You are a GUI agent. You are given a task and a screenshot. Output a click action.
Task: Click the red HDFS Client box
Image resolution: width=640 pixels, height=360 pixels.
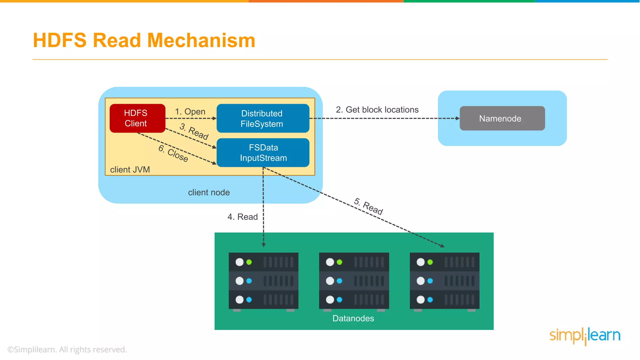tap(137, 118)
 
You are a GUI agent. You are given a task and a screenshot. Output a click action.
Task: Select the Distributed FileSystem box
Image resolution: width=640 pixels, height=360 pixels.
tap(262, 118)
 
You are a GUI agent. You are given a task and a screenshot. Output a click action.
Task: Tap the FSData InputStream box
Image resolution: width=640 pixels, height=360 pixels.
tap(263, 152)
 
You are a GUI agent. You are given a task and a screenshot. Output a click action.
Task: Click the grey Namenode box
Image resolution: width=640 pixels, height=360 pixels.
tap(502, 118)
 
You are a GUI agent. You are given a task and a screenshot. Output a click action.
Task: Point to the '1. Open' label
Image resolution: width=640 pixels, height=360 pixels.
tap(190, 112)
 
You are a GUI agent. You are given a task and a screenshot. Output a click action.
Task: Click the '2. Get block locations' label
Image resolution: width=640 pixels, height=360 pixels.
tap(377, 110)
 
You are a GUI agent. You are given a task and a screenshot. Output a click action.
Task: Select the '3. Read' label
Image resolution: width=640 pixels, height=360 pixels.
tap(194, 131)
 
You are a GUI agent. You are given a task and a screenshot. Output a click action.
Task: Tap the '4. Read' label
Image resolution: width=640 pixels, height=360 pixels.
tap(242, 217)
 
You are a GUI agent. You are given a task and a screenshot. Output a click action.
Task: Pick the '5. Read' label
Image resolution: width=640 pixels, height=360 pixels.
tap(368, 206)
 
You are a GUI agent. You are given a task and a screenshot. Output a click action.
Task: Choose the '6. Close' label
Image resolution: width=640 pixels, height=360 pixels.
tap(173, 153)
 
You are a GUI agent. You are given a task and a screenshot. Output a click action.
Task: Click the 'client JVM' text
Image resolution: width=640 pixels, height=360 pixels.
tap(130, 170)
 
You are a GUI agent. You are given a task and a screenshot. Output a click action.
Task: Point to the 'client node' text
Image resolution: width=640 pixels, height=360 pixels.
tap(209, 192)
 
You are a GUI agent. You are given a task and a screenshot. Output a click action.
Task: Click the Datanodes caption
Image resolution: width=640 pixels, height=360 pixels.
tap(353, 318)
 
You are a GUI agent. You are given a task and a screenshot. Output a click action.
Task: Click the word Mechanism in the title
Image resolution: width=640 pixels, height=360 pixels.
tap(201, 41)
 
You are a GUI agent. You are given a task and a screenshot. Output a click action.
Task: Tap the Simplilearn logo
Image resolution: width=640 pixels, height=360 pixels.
tap(585, 336)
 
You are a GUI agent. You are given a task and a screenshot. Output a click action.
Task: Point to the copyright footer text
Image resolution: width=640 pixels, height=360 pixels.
tap(67, 349)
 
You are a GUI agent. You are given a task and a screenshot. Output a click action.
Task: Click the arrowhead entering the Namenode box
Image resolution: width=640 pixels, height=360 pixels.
tap(457, 118)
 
